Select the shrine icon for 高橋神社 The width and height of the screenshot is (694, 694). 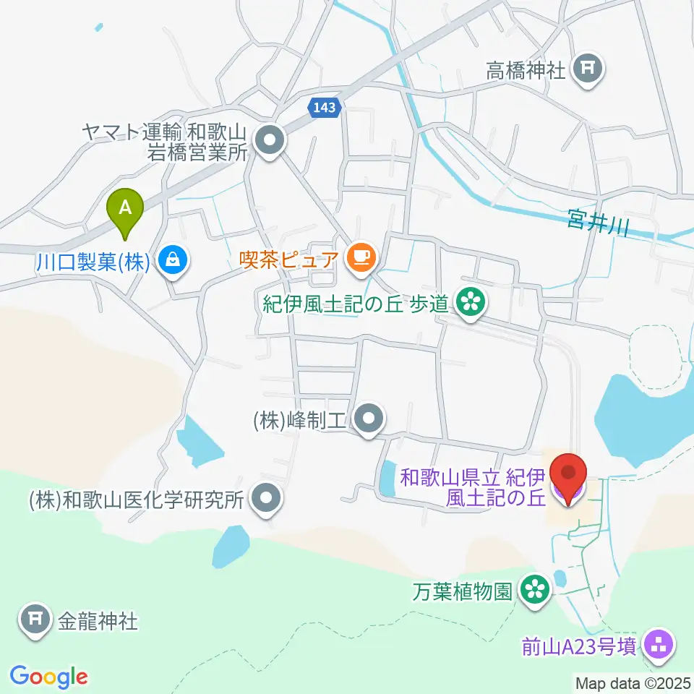(586, 70)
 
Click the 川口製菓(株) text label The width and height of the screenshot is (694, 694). (93, 261)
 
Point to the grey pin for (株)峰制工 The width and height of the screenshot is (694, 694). (370, 418)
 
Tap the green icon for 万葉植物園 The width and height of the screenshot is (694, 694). (536, 591)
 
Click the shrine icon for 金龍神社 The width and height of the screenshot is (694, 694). (34, 619)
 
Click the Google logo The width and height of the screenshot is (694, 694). (48, 677)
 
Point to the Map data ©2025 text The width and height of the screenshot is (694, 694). (633, 683)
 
